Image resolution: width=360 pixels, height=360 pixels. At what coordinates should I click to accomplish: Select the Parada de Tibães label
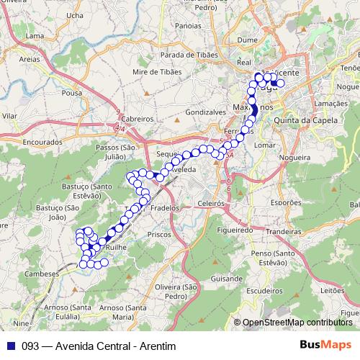tap(189, 55)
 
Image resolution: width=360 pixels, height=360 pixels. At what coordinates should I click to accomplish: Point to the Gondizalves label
tap(207, 113)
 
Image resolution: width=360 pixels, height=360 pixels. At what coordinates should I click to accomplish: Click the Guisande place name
tap(228, 277)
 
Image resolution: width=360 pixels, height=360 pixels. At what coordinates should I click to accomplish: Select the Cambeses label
tap(41, 274)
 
